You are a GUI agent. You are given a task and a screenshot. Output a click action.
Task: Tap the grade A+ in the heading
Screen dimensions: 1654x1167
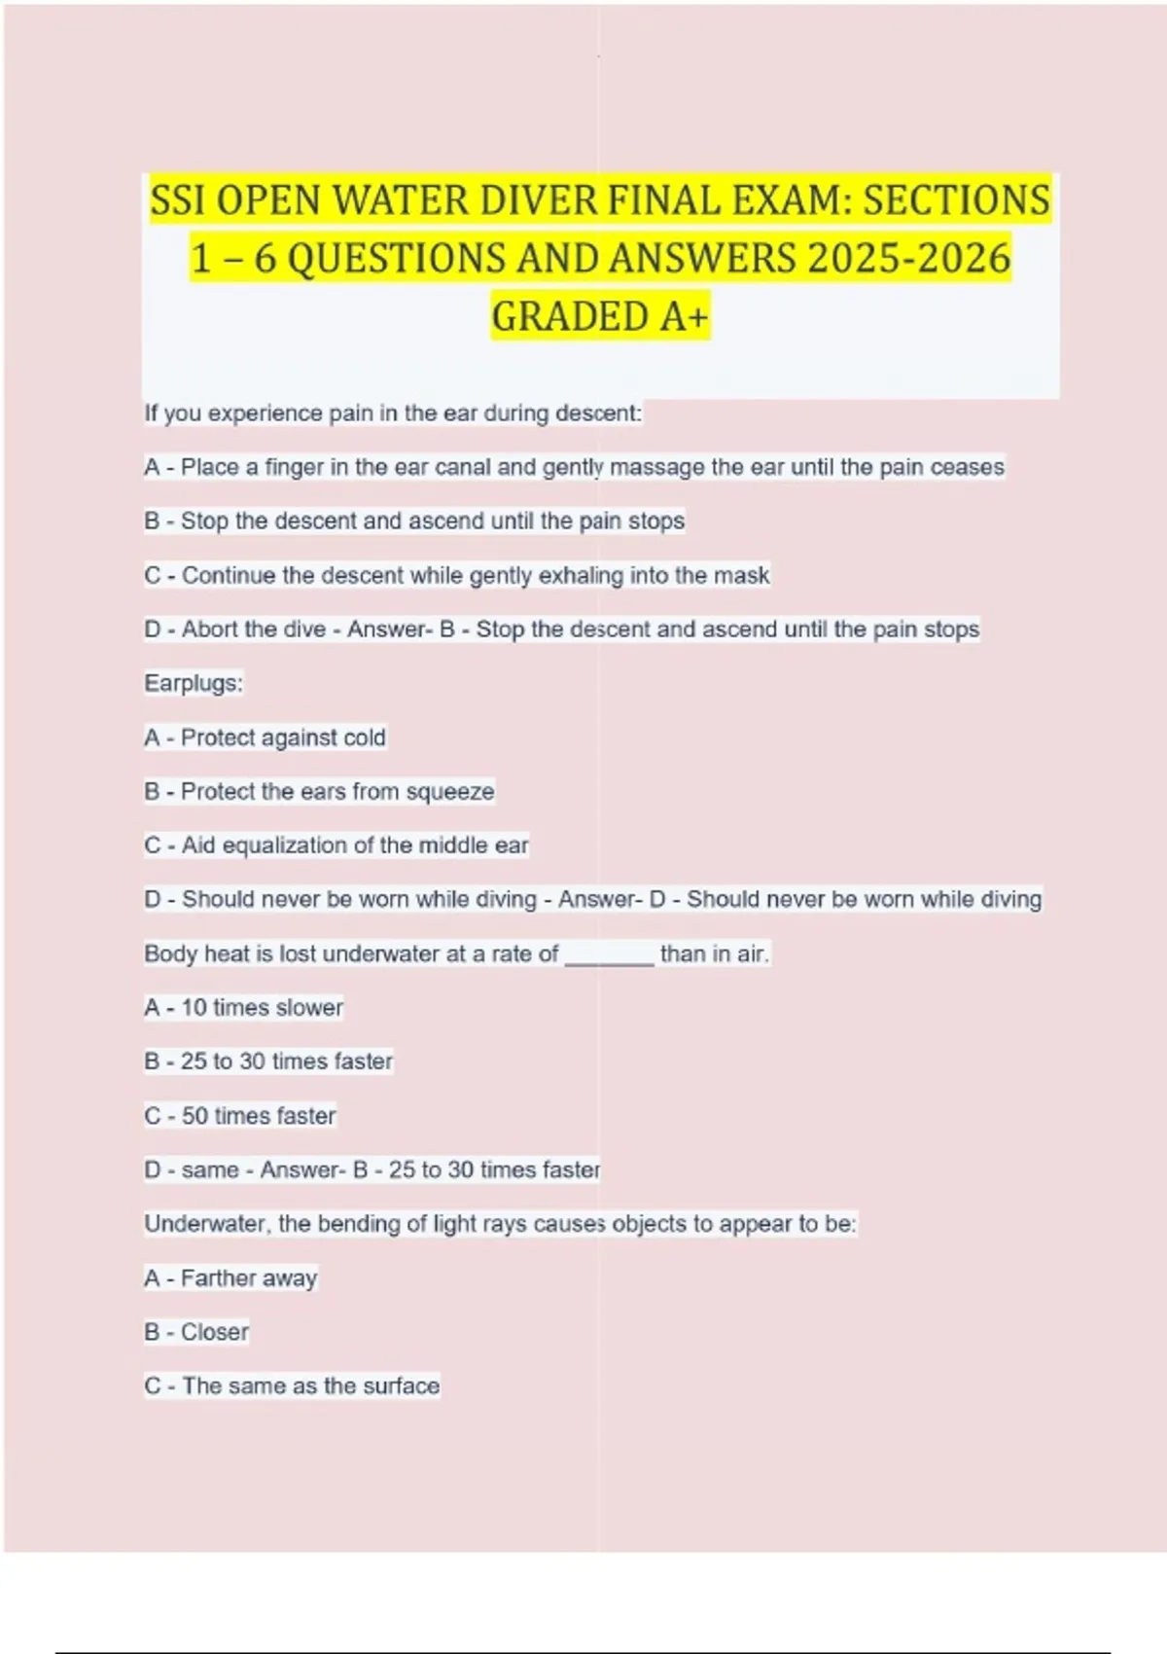click(684, 317)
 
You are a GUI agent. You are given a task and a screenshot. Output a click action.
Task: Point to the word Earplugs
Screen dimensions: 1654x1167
click(193, 683)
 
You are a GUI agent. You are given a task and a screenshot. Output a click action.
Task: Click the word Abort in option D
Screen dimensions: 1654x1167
click(209, 629)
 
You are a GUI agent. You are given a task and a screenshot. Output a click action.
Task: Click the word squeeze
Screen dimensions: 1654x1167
click(450, 792)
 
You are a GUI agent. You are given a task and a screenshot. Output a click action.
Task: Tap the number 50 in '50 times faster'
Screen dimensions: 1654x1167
click(194, 1116)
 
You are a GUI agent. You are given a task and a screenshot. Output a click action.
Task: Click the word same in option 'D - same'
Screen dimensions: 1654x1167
click(210, 1169)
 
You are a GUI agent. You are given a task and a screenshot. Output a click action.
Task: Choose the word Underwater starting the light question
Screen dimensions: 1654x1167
click(204, 1224)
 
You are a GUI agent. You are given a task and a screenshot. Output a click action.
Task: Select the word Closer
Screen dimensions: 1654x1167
click(215, 1332)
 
